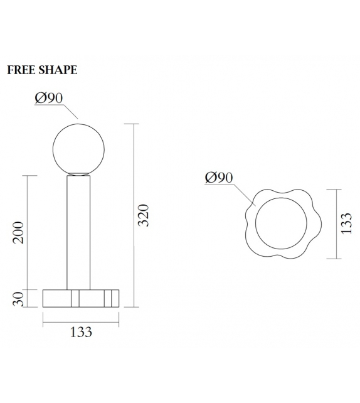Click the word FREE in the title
click(x=19, y=70)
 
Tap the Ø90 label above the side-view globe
click(x=50, y=99)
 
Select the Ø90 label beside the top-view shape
click(x=219, y=178)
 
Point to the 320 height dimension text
click(x=143, y=215)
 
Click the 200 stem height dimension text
click(x=19, y=233)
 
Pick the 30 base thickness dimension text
click(x=19, y=298)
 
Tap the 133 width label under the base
click(x=80, y=331)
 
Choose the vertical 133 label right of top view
click(x=346, y=223)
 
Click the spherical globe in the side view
click(x=79, y=148)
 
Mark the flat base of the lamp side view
click(x=80, y=298)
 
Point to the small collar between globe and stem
click(x=79, y=174)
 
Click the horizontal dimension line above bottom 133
click(x=80, y=323)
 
